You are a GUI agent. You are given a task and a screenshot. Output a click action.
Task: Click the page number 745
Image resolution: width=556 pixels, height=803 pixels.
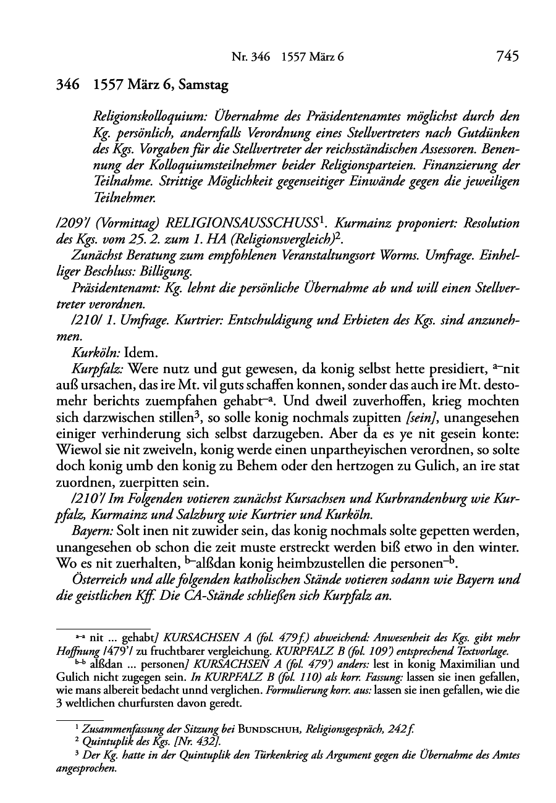point(507,57)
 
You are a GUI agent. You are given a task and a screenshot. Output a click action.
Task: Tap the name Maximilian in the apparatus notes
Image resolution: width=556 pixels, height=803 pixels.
point(476,664)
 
